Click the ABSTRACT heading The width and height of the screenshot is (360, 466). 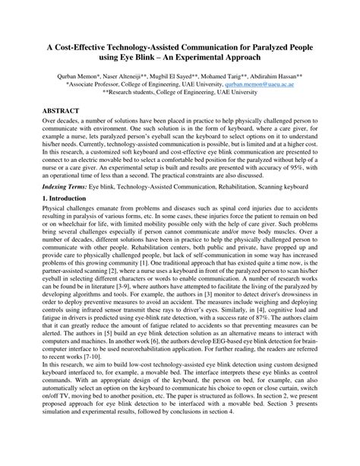[63, 110]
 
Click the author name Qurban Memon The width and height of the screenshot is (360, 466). [77, 77]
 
